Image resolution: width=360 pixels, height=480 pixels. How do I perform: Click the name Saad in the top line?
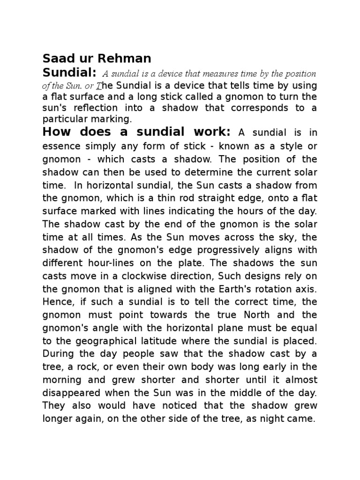pyautogui.click(x=57, y=59)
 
